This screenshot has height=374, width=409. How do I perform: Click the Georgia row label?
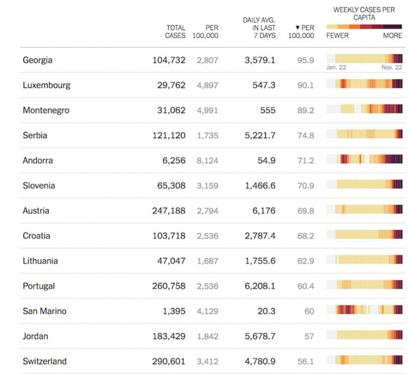click(37, 60)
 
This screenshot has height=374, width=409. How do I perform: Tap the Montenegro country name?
click(46, 111)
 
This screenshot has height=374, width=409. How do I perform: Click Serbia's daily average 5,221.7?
click(260, 136)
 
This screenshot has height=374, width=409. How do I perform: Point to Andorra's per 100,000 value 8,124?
click(207, 161)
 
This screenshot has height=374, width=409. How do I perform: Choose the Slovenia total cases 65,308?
click(169, 186)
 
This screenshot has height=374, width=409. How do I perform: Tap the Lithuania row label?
click(40, 261)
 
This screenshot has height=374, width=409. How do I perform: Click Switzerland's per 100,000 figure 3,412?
click(207, 361)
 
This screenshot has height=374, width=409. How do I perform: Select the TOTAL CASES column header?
click(175, 31)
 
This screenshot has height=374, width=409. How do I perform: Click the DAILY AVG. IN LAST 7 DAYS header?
click(258, 27)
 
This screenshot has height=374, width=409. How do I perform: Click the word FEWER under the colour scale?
click(337, 35)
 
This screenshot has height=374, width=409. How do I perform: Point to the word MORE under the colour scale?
click(393, 35)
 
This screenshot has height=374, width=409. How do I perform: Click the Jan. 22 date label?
click(337, 68)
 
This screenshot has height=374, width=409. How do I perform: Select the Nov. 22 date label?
click(391, 68)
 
